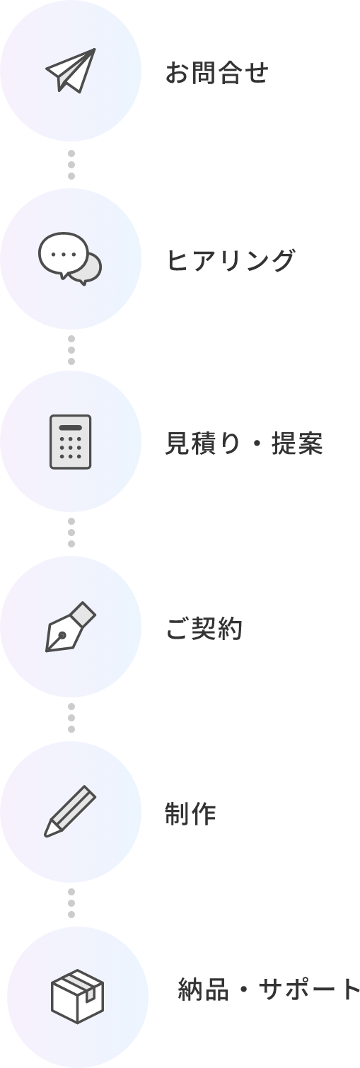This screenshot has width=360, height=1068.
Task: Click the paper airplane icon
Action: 71,70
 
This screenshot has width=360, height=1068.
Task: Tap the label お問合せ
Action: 217,73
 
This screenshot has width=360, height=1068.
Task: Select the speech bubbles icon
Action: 70,259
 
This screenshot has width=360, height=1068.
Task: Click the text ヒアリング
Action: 231,260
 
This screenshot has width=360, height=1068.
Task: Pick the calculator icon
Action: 71,441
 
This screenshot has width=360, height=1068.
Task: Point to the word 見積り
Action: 203,443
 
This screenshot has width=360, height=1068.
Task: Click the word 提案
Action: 297,443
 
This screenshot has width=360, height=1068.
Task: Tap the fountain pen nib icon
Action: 71,627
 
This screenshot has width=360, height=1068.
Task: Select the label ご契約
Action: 204,628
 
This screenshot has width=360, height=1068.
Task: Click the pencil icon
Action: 70,811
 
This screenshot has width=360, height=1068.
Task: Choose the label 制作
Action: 190,813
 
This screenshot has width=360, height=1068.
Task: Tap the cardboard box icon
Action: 77,997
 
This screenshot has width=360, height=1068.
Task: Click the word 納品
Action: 203,989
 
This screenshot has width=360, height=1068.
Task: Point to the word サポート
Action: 309,989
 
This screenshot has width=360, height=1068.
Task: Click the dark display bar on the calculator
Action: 71,428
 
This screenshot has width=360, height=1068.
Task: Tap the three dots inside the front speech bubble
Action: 64,254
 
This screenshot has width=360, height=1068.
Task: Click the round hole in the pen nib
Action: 62,635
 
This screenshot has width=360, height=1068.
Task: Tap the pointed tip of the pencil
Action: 46,835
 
